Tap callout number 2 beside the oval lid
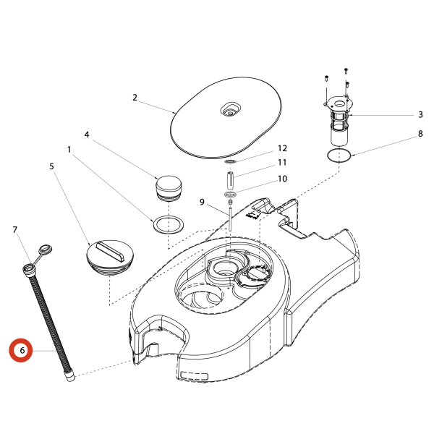point(135,97)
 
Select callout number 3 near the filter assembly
point(420,114)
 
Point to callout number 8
point(420,134)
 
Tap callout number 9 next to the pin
point(203,202)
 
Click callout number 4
point(87,135)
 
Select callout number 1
point(69,150)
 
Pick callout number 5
point(52,166)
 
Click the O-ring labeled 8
point(339,156)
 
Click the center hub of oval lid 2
point(231,110)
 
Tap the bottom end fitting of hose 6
point(70,376)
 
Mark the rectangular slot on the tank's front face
point(193,377)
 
